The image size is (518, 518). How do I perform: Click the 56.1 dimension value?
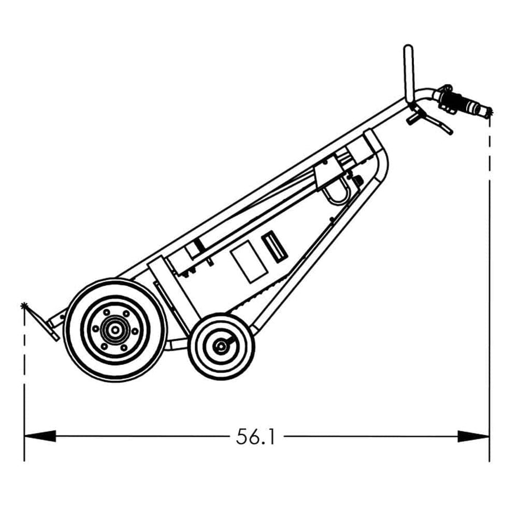pyautogui.click(x=256, y=436)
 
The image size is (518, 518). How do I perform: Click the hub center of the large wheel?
pyautogui.click(x=115, y=330)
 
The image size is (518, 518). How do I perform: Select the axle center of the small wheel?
pyautogui.click(x=221, y=345)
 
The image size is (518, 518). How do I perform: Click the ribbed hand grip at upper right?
pyautogui.click(x=463, y=104)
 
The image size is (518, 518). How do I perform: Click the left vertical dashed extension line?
pyautogui.click(x=24, y=371)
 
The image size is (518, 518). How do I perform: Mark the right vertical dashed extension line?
pyautogui.click(x=489, y=273)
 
